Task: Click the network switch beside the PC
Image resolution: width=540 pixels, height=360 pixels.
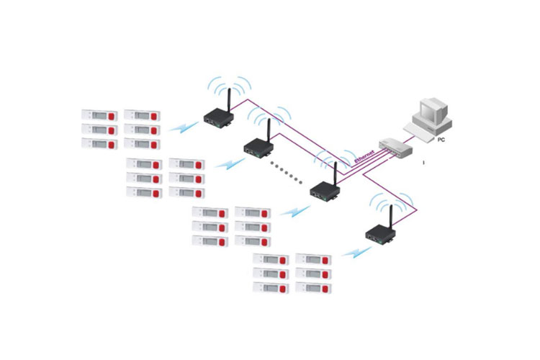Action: pos(395,149)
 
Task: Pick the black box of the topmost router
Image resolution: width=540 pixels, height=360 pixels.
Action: pos(215,118)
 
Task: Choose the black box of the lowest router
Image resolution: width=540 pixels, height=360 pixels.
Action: pos(379,235)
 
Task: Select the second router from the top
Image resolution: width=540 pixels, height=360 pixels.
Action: pos(258,150)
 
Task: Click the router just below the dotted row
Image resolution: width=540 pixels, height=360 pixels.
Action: pos(325,191)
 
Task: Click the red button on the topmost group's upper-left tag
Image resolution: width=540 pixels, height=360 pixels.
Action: pos(112,115)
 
